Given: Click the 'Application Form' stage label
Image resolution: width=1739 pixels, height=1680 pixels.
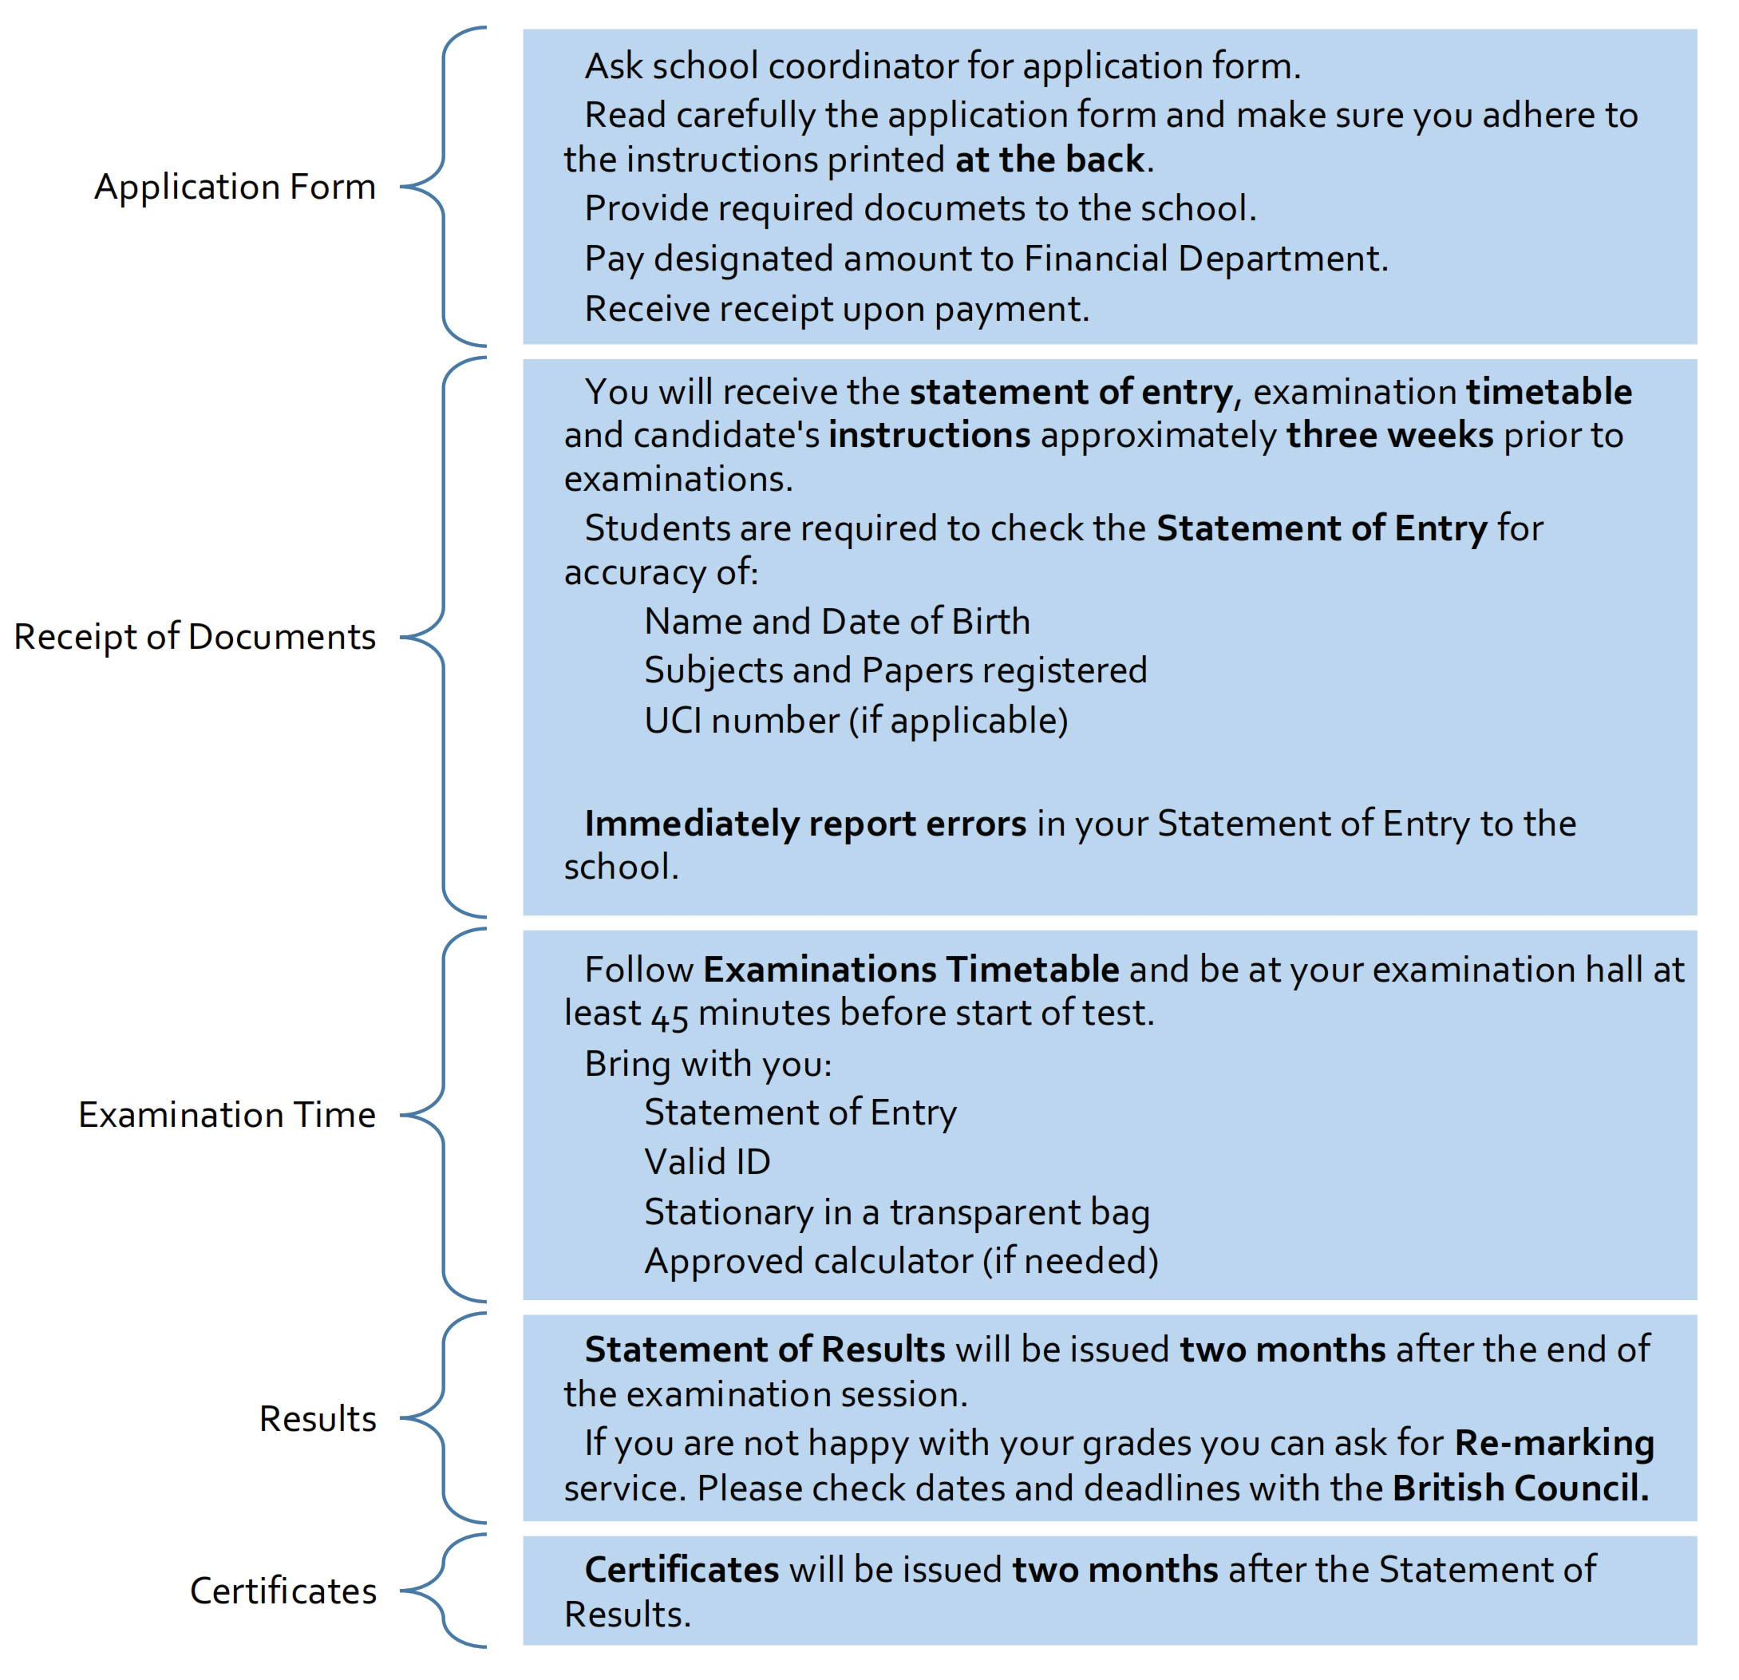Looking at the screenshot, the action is pos(235,188).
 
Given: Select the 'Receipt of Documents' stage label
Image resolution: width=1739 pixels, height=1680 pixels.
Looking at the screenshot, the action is pos(196,637).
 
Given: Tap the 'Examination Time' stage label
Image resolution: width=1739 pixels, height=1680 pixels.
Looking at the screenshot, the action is pos(227,1115).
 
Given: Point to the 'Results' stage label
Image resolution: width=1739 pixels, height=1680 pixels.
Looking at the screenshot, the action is pos(318,1419).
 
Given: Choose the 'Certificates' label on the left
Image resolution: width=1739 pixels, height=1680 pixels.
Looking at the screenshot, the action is pos(283,1591).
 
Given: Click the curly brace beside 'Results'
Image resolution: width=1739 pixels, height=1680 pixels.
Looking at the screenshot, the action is pos(444,1418).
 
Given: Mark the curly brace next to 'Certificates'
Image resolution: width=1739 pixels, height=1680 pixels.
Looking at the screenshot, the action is pos(444,1591).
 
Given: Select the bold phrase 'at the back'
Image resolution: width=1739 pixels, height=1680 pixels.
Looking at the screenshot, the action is pos(1049,160).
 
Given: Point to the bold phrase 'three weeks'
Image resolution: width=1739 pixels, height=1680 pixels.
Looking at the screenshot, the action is pos(1390,436).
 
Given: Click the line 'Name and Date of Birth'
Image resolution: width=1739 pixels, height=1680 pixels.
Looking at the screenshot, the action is pos(836,621).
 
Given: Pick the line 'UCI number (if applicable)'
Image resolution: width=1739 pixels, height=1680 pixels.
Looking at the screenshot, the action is pos(856,721).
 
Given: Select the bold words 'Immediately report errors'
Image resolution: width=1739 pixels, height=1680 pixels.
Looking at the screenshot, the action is pos(804,824).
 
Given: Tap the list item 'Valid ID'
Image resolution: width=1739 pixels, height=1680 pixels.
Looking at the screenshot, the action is pos(707,1162).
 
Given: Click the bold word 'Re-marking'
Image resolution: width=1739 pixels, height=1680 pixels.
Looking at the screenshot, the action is pos(1555,1444).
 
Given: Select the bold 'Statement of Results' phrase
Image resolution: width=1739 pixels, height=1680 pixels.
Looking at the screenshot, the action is pos(765,1350).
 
